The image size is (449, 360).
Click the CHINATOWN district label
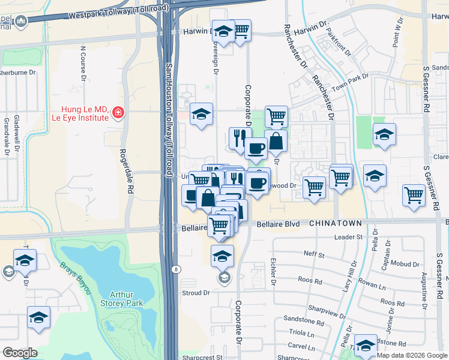pyautogui.click(x=336, y=223)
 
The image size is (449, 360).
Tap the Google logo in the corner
pyautogui.click(x=20, y=353)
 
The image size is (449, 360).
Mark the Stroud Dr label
pyautogui.click(x=196, y=293)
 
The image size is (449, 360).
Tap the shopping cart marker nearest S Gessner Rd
pyautogui.click(x=414, y=195)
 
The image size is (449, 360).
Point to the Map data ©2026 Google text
pyautogui.click(x=411, y=355)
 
